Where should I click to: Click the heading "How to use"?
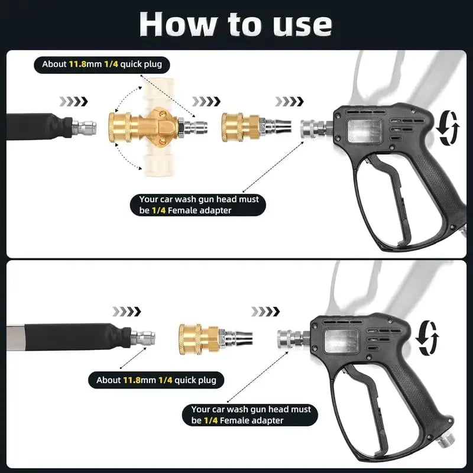coord(235,24)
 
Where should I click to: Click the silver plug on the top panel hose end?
coord(82,126)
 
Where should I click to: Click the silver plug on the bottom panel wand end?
coord(142,338)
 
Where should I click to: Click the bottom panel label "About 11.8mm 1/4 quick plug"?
coord(156,380)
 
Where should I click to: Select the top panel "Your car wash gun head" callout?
coord(199,205)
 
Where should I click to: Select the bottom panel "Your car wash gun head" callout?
coord(251,415)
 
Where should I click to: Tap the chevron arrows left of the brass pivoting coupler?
coord(75,101)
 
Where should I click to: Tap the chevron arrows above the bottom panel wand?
coord(127,312)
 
